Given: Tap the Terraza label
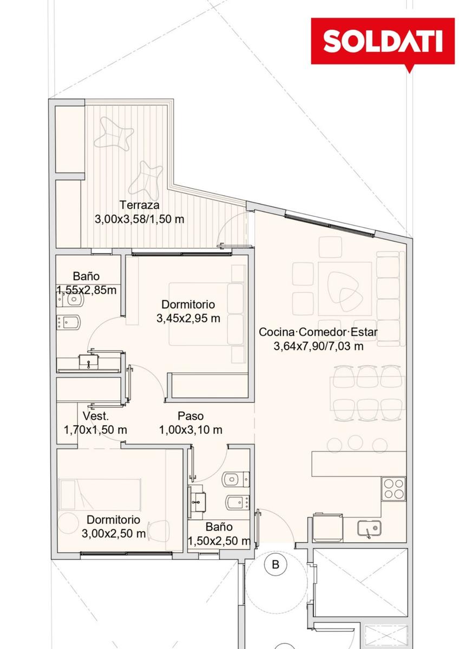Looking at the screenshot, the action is (140, 205).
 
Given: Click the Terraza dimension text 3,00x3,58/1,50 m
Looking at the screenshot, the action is (140, 219).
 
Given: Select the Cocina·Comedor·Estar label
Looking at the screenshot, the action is (318, 332).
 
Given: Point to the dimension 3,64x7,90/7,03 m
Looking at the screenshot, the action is (318, 346).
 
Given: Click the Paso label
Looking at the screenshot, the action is (191, 416).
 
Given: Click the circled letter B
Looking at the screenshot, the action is (275, 565).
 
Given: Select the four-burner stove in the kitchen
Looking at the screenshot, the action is (393, 489).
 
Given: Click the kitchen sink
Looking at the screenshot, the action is (369, 528).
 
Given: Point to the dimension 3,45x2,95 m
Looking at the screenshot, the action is (188, 319).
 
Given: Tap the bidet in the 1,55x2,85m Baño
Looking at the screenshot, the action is (68, 322).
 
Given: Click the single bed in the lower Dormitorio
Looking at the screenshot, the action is (100, 494).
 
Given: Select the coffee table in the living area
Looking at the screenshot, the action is (345, 289).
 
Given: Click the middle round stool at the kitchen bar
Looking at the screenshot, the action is (355, 443).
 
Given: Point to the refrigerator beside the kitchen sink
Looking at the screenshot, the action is (327, 528).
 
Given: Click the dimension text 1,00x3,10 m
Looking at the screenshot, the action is (191, 429).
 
